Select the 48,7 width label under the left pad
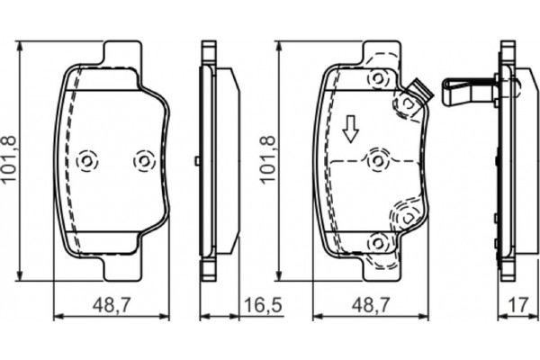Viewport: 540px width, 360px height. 112,306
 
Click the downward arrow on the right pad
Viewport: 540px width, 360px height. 351,131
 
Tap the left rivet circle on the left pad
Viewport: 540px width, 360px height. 86,160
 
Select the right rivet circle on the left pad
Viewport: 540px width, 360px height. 142,160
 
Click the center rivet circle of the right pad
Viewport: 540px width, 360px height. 376,160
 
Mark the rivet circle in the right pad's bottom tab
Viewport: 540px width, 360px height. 376,241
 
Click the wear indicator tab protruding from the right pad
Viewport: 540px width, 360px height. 417,90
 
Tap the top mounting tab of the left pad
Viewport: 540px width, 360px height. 122,56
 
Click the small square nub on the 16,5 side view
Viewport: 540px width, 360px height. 197,161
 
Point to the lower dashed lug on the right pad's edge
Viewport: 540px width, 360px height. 405,216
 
